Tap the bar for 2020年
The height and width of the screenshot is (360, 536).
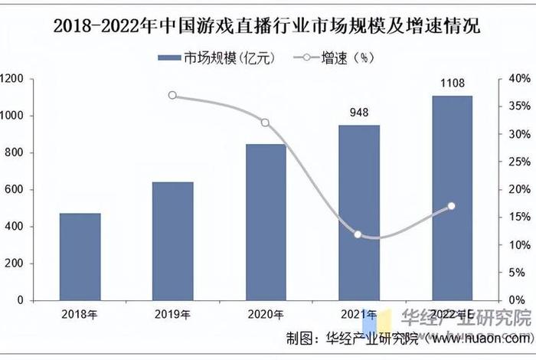(266, 221)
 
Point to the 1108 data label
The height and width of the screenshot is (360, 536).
(452, 83)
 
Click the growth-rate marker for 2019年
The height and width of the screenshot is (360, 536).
(172, 96)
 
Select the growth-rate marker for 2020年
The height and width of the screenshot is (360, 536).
(266, 123)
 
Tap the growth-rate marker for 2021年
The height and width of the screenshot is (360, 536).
(358, 234)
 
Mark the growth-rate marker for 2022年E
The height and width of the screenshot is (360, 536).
(452, 206)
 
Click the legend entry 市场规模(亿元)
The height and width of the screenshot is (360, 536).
(215, 57)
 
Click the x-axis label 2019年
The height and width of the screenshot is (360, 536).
(172, 313)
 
